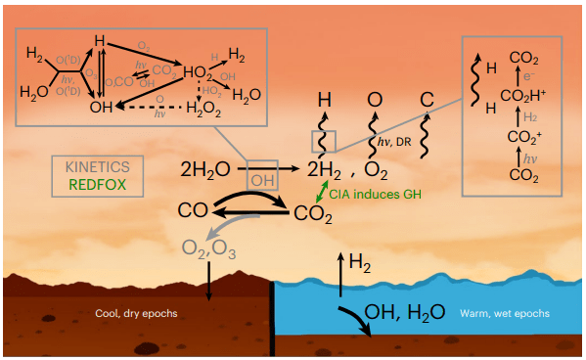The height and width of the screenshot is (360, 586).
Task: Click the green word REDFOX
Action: (x=99, y=183)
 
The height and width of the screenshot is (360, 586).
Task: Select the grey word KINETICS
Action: (x=99, y=167)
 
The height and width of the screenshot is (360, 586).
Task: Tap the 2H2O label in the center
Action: (x=205, y=169)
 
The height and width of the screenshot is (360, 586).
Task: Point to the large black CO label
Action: (x=193, y=209)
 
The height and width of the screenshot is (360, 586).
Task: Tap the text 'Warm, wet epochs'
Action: (x=504, y=314)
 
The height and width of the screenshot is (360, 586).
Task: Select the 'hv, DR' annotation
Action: (x=395, y=144)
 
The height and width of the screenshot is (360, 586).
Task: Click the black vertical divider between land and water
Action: (x=272, y=319)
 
